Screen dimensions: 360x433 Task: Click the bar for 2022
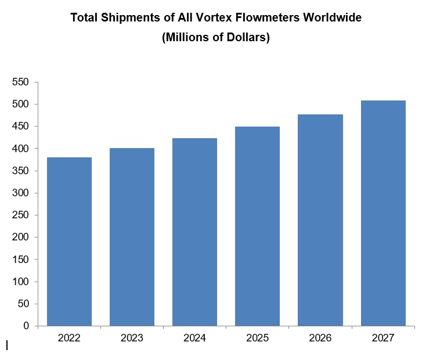pos(69,242)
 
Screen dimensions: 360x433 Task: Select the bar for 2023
pos(132,237)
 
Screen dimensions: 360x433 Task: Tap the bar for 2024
pos(194,232)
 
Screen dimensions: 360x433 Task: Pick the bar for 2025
pos(257,226)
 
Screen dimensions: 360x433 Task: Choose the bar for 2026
pos(320,220)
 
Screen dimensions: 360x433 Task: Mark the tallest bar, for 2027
pos(383,213)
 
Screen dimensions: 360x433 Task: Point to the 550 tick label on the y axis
pos(21,82)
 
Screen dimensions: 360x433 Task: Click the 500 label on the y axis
pos(21,105)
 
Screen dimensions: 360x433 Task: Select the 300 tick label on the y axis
pos(21,193)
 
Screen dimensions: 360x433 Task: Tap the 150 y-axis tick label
pos(21,260)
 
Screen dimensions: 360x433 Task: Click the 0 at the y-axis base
pos(26,326)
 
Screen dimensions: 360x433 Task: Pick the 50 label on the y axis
pos(23,304)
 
